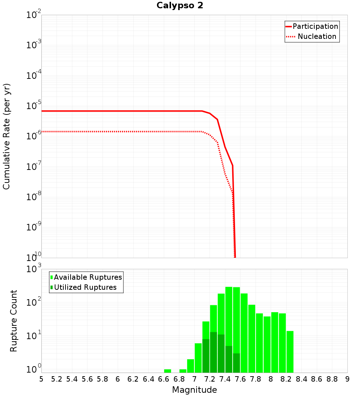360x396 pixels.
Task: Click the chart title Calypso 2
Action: point(180,6)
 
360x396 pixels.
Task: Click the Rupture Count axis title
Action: point(14,321)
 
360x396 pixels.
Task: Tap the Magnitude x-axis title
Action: point(194,390)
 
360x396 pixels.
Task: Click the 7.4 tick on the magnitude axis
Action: point(225,379)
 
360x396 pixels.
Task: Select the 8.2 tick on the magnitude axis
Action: point(286,379)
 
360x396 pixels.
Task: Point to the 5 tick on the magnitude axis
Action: point(41,379)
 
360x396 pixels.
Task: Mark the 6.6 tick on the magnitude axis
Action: point(164,379)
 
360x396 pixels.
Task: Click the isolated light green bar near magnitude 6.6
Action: point(167,371)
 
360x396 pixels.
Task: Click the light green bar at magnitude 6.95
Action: point(190,366)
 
